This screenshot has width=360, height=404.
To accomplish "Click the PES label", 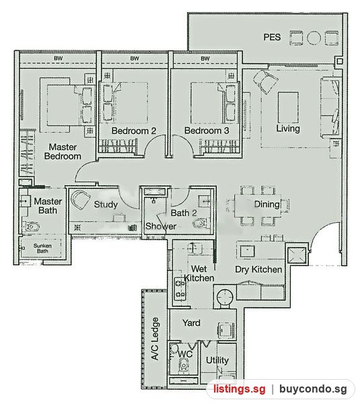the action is (272, 37).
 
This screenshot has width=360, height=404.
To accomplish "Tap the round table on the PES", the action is (314, 38).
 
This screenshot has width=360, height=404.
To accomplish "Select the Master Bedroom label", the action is (63, 151).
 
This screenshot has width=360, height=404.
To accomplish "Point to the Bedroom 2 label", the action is (134, 131).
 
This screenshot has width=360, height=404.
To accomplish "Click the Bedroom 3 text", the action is (207, 131).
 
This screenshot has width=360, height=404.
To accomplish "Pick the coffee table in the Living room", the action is (288, 108).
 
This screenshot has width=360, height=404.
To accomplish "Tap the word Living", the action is (288, 129).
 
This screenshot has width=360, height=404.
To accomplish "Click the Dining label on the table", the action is (266, 204).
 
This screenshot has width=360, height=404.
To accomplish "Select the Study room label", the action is (106, 204).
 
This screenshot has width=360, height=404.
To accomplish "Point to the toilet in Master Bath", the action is (32, 226).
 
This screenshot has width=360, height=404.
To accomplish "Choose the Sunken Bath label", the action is (42, 248).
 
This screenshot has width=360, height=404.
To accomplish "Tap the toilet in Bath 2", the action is (200, 223).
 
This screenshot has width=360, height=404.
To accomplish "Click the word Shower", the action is (161, 226).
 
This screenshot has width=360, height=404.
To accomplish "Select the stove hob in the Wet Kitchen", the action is (180, 288).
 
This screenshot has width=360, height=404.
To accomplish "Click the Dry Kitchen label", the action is (258, 269).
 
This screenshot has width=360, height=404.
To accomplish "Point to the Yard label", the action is (191, 323).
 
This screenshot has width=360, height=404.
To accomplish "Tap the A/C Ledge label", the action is (155, 339).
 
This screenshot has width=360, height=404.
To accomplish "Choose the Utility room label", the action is (217, 360).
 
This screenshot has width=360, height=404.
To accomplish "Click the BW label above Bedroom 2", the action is (135, 59).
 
